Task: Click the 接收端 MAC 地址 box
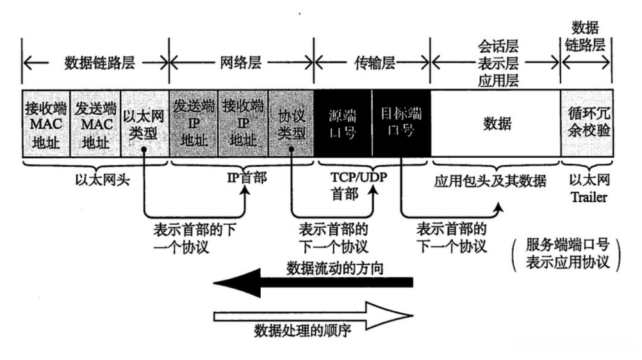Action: pyautogui.click(x=46, y=123)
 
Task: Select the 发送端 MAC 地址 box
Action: pyautogui.click(x=96, y=123)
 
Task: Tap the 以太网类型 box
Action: pyautogui.click(x=145, y=123)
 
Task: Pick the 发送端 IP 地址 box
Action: pyautogui.click(x=193, y=123)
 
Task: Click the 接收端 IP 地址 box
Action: pyautogui.click(x=243, y=123)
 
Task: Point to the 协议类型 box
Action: pyautogui.click(x=291, y=123)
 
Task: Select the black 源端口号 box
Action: pyautogui.click(x=343, y=123)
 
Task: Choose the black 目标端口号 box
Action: pyautogui.click(x=401, y=123)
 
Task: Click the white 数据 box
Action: pyautogui.click(x=496, y=123)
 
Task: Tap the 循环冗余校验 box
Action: pyautogui.click(x=587, y=123)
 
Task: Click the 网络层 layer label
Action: pyautogui.click(x=241, y=63)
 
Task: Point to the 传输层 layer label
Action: pyautogui.click(x=375, y=63)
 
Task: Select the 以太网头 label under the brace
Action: pyautogui.click(x=103, y=179)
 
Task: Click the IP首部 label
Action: pyautogui.click(x=247, y=177)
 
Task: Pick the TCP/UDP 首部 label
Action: pyautogui.click(x=359, y=186)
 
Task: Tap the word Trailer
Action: pyautogui.click(x=589, y=197)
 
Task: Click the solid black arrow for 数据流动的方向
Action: pyautogui.click(x=313, y=282)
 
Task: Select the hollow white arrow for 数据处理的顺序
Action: pyautogui.click(x=313, y=316)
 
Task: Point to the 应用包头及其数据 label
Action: pyautogui.click(x=490, y=181)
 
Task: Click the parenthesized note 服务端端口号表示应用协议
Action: pyautogui.click(x=568, y=254)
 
